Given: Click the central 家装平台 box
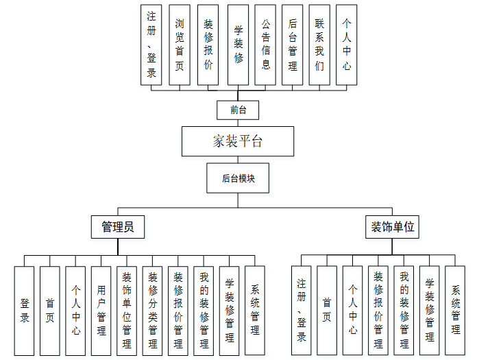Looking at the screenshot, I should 238,142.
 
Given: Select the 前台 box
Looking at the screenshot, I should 238,110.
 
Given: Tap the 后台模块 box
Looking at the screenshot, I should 238,178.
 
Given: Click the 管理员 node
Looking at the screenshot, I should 118,227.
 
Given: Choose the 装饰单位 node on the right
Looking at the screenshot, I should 392,227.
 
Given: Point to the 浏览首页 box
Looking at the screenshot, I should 180,45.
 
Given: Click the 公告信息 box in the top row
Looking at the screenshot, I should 265,45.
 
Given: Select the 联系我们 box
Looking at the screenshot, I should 319,45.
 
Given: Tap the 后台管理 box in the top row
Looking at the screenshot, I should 293,45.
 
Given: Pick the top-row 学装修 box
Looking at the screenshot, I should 238,45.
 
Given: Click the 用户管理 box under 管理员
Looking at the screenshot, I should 101,311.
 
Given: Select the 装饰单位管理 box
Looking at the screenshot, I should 127,311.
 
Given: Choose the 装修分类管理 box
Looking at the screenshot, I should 153,311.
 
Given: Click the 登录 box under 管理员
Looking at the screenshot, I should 24,311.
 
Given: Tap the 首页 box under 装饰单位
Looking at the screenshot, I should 327,311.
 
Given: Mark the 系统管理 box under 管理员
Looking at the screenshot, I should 255,311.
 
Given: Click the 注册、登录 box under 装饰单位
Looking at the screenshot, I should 302,311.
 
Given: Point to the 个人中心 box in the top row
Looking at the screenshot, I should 347,45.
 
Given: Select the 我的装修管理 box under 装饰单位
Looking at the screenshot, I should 404,311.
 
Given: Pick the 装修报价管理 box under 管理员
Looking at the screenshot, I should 178,311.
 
